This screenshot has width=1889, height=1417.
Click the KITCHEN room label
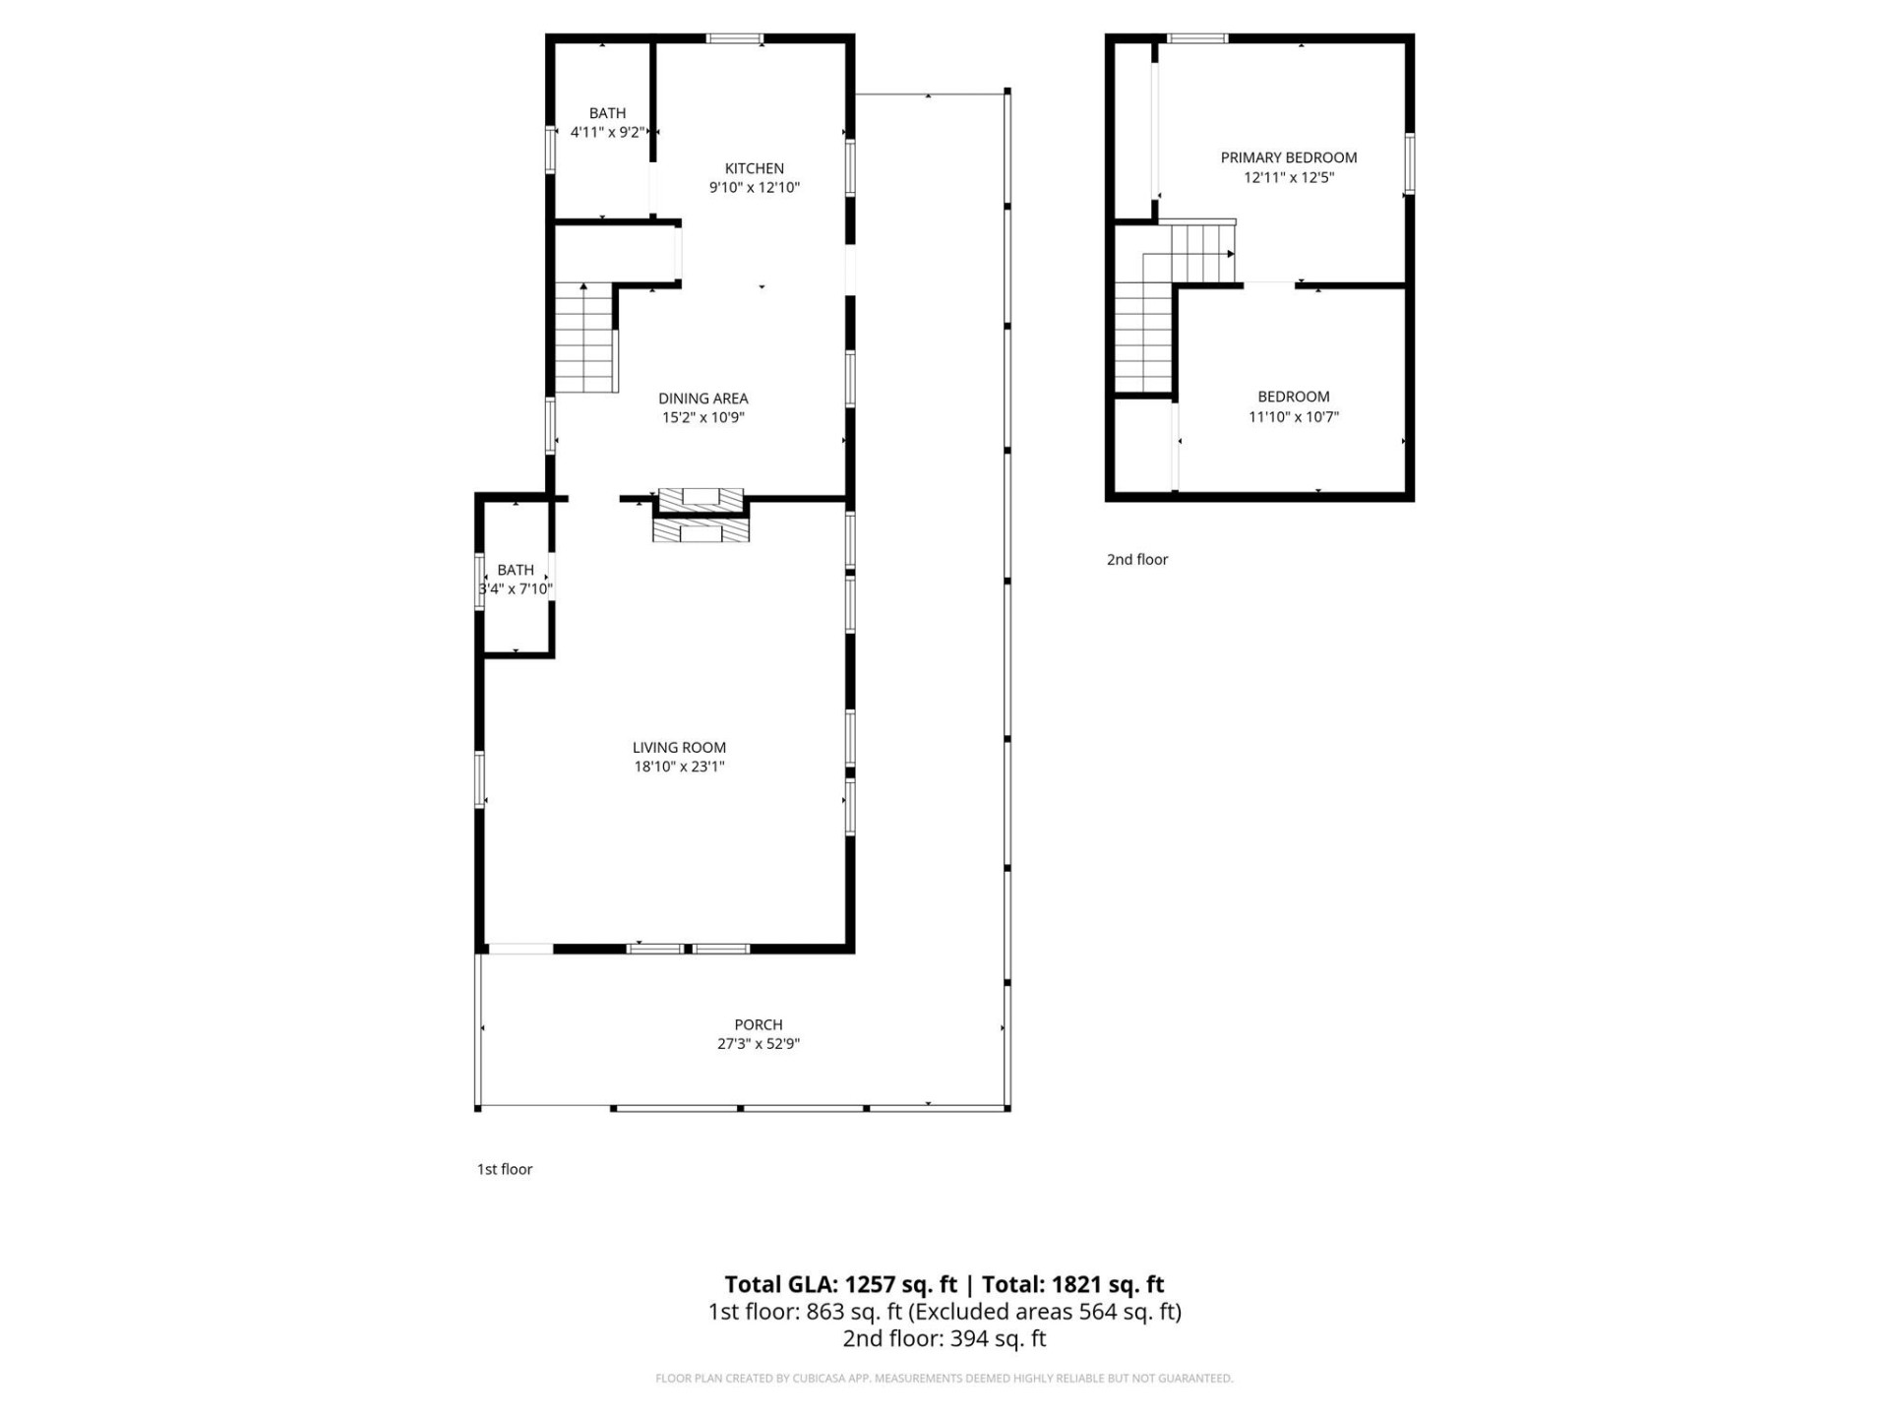point(754,168)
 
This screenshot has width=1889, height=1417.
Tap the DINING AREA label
point(702,399)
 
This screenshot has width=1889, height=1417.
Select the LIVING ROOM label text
point(679,748)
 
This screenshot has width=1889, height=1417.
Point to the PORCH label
point(758,1024)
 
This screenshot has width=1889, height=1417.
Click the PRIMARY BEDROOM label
point(1288,157)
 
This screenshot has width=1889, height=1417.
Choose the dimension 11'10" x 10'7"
point(1293,416)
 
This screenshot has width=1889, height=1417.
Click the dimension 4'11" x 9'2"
point(607,132)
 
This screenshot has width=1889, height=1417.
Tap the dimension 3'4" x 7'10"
point(516,588)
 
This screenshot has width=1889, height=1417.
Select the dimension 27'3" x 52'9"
point(758,1044)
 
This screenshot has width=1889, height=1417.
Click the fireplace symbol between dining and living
point(701,515)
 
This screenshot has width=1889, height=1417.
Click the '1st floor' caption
point(505,1169)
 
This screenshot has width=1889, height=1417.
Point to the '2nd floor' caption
point(1137,559)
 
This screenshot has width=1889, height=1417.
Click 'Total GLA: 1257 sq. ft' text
point(840,1284)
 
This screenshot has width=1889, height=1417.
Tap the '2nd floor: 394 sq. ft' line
point(944,1338)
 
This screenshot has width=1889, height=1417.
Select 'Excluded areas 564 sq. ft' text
point(1044,1312)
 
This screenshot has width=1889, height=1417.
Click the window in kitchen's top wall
point(734,39)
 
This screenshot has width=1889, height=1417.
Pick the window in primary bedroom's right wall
point(1409,163)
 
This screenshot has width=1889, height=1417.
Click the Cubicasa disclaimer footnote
point(944,1379)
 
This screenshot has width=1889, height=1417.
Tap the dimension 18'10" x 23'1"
point(679,767)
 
